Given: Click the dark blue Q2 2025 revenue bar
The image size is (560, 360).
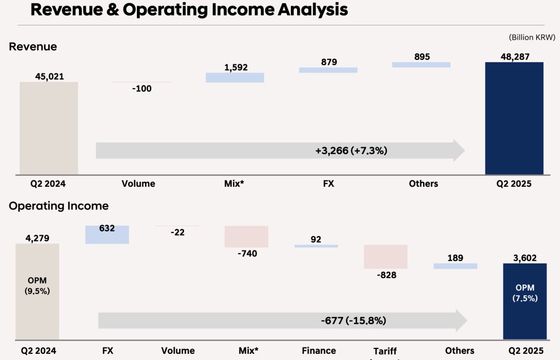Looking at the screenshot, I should (514, 118).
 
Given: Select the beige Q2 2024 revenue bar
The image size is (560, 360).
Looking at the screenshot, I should (49, 128).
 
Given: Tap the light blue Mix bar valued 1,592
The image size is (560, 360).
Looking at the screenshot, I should (235, 77).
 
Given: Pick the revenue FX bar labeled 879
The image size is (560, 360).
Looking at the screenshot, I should (328, 70).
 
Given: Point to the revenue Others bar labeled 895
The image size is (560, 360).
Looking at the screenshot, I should (421, 65).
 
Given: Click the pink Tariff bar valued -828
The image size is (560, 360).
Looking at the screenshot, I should (386, 257).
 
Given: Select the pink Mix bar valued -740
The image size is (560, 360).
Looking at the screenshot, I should (246, 237).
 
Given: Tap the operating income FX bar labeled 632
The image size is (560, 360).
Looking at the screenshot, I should (107, 235).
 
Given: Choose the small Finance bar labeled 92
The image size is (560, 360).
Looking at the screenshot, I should (316, 246).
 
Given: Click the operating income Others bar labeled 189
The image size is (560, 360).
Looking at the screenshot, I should (455, 266).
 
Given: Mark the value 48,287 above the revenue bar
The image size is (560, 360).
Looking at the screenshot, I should (514, 56).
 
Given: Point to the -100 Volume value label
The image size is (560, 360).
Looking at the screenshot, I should (142, 89).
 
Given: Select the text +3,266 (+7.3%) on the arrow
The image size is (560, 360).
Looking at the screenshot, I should (352, 151).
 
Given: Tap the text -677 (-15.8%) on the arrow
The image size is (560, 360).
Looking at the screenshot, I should (353, 321).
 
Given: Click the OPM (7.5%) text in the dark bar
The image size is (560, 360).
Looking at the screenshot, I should (525, 293).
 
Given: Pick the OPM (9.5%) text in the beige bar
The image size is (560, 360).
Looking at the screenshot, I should (37, 286).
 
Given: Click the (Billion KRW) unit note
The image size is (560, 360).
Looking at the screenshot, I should (532, 37).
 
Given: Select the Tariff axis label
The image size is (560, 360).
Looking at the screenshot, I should (385, 351).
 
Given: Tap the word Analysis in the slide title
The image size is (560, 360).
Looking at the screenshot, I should (304, 10).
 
